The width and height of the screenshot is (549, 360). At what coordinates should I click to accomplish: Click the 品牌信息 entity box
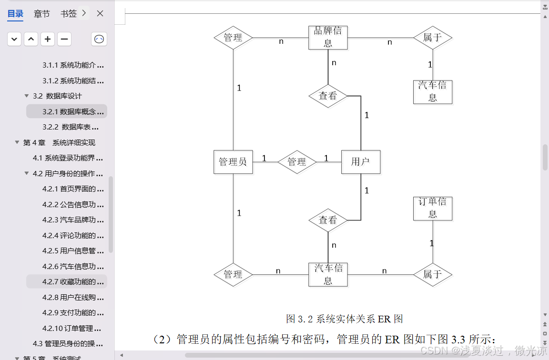[328, 37]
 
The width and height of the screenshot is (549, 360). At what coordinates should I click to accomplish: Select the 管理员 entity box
[233, 162]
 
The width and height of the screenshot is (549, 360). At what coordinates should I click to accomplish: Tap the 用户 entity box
[360, 162]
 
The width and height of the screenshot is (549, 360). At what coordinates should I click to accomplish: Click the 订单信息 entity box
[432, 208]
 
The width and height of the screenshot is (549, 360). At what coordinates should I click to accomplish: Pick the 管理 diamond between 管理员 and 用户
[297, 162]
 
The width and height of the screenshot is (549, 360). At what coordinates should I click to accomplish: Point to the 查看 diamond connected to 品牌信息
[328, 96]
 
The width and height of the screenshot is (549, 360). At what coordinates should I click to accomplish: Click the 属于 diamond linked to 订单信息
[432, 274]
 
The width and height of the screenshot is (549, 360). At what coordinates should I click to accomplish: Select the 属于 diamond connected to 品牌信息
[432, 37]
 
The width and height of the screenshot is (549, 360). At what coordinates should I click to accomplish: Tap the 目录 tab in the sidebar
[15, 14]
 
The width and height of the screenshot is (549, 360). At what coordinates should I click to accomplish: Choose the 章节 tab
[41, 14]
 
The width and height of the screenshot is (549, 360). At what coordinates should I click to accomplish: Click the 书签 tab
[69, 14]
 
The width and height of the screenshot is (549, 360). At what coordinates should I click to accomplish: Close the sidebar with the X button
[100, 14]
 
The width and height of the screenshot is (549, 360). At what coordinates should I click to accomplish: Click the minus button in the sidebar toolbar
[64, 39]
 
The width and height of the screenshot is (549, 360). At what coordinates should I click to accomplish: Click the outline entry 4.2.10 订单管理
[71, 328]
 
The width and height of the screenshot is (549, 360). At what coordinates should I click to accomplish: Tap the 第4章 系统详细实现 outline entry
[59, 142]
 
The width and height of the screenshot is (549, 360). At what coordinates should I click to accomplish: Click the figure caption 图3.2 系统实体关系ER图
[344, 319]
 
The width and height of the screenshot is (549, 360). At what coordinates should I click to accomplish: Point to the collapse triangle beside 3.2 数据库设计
[27, 96]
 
